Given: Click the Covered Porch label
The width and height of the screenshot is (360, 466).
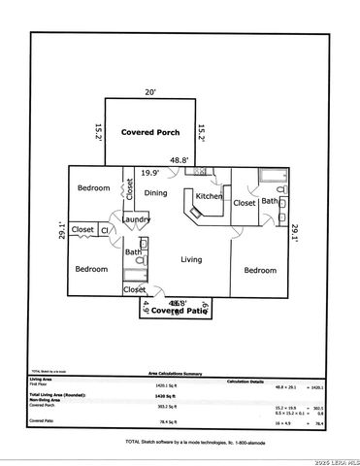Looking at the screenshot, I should [x=151, y=131].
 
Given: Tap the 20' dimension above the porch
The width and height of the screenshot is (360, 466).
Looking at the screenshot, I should [x=149, y=92].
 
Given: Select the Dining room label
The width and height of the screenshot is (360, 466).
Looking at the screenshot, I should [x=156, y=193].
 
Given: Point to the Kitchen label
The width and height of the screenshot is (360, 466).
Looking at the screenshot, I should [x=209, y=197].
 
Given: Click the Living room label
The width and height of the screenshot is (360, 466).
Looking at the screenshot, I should [x=191, y=259].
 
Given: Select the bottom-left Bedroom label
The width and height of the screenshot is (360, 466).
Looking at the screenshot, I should [x=91, y=269].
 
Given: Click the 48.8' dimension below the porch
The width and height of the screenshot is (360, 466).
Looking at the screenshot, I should [x=180, y=160].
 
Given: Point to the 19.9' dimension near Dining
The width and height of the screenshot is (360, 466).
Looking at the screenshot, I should [x=150, y=173].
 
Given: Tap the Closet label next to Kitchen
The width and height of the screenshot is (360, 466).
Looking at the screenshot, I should [x=245, y=204].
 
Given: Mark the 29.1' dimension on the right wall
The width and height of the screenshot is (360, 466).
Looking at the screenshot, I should [x=296, y=230].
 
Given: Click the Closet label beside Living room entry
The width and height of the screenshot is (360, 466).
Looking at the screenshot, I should [x=134, y=288].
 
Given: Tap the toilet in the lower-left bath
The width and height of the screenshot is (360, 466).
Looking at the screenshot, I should [x=142, y=260].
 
